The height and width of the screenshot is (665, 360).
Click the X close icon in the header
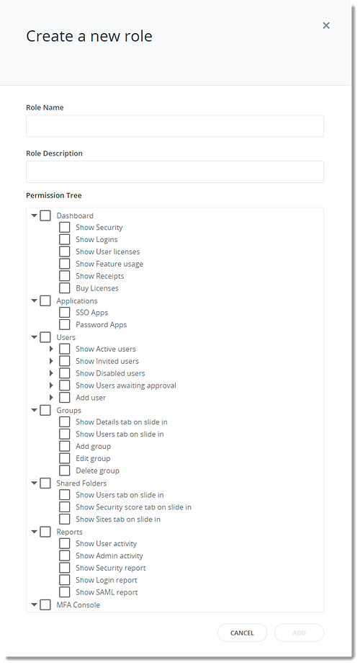[326, 25]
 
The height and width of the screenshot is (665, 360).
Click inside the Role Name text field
[175, 126]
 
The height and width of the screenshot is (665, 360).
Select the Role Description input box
[175, 171]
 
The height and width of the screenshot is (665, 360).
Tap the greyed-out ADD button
[299, 633]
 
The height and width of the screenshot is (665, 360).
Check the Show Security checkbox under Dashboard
[65, 228]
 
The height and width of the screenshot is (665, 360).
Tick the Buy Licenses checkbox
[65, 288]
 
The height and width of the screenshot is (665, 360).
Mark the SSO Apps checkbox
[65, 313]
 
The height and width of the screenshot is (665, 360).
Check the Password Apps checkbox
[65, 324]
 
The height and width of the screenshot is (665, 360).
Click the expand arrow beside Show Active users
[51, 349]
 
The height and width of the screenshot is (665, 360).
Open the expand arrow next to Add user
[51, 398]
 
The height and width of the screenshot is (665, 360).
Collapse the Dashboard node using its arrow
[35, 215]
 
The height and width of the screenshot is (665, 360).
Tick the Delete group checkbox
[65, 470]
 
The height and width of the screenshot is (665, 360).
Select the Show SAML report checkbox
[65, 592]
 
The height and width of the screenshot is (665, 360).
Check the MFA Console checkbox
[45, 604]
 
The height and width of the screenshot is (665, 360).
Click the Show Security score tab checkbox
[65, 506]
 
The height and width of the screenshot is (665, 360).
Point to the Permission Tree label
[54, 195]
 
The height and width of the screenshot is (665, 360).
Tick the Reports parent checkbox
[45, 532]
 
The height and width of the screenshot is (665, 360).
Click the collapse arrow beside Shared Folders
[35, 483]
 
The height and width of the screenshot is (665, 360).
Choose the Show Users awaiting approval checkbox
[65, 385]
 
